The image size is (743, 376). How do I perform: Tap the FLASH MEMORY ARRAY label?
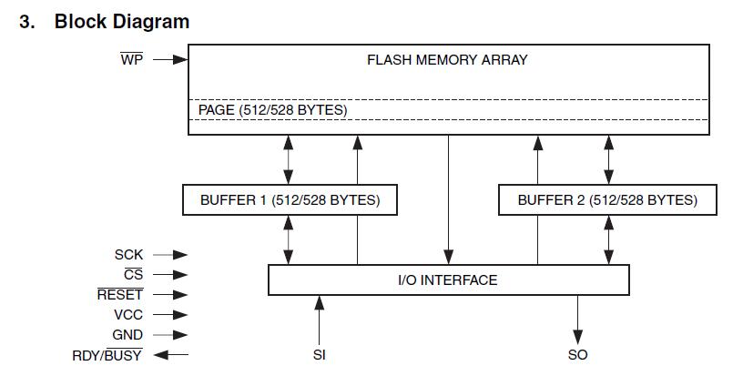click(447, 60)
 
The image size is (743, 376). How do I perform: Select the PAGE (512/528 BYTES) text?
click(272, 110)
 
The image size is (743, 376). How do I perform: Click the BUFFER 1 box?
click(290, 199)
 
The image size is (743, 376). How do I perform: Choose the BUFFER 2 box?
click(607, 199)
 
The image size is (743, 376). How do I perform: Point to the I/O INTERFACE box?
click(448, 279)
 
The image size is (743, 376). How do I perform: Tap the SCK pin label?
click(128, 255)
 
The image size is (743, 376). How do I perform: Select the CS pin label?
click(134, 275)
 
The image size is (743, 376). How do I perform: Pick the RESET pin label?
click(120, 295)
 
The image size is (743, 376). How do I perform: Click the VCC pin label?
click(128, 315)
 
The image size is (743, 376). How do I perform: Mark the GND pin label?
click(127, 335)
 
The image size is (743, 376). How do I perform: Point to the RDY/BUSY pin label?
click(107, 355)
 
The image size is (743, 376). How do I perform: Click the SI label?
click(320, 355)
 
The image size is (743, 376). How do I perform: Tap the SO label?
click(577, 355)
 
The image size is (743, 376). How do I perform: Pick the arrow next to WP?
click(170, 60)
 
